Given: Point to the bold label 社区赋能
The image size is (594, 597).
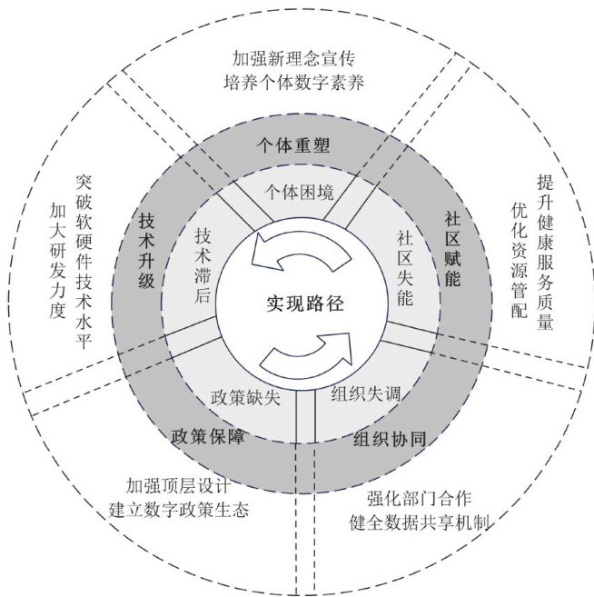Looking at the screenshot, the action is tap(452, 248).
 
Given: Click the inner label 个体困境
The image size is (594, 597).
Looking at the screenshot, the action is tap(299, 193).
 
